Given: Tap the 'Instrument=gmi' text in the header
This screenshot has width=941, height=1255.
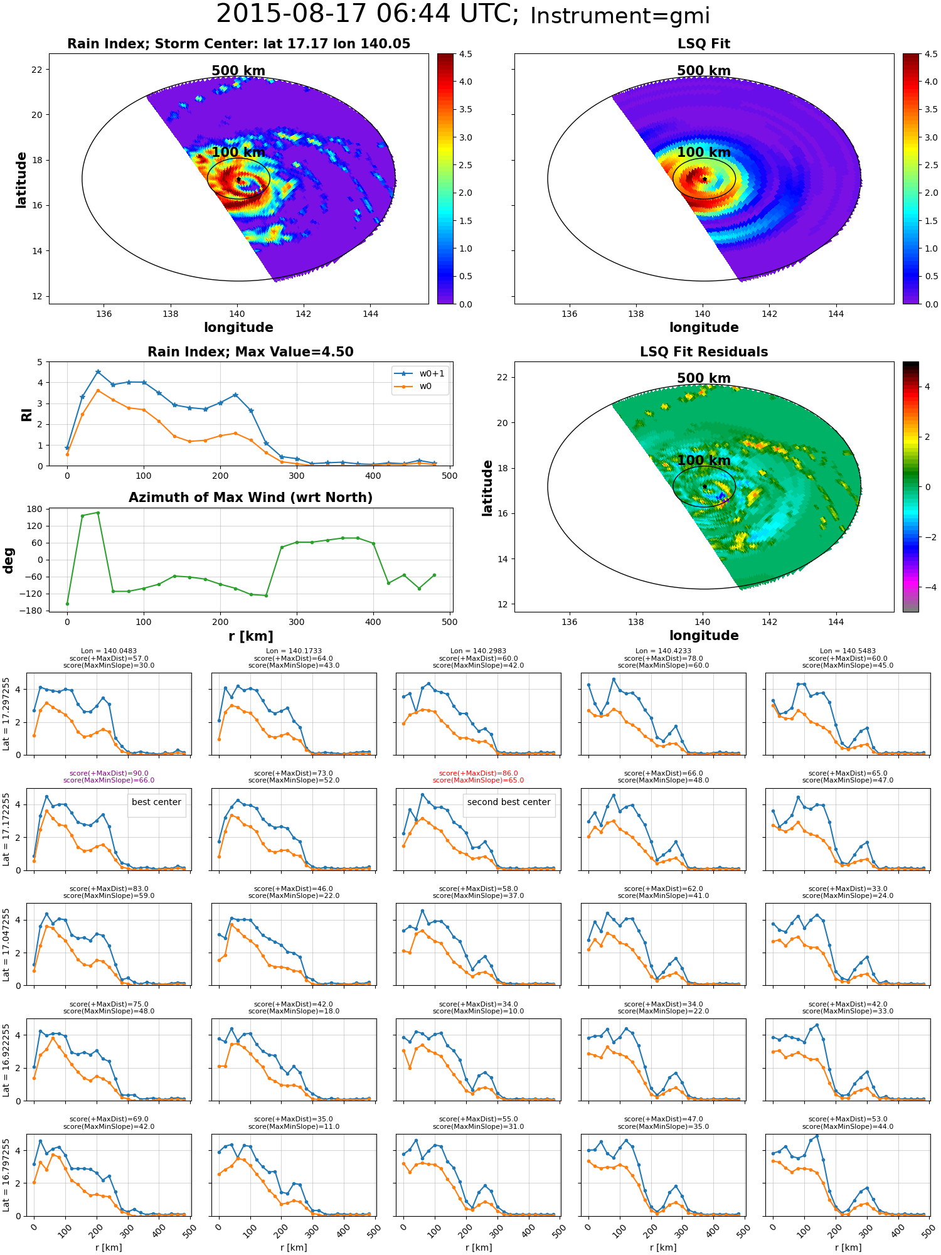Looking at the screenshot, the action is (620, 16).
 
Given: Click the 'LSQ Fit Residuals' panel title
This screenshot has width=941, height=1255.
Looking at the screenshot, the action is (704, 352).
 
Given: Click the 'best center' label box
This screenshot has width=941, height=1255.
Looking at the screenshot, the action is (156, 802).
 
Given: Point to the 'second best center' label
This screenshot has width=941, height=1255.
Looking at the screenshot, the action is (509, 802).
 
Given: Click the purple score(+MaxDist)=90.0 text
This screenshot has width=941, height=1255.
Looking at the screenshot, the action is (109, 774).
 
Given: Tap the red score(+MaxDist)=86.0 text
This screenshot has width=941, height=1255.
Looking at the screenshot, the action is (479, 774).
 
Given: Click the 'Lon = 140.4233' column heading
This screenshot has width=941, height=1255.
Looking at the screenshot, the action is (663, 651).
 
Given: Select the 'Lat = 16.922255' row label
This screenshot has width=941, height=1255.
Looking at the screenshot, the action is (6, 1060).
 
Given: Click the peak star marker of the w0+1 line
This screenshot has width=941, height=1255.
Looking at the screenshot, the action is (98, 371).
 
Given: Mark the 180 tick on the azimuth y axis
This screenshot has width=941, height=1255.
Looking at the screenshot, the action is (36, 509).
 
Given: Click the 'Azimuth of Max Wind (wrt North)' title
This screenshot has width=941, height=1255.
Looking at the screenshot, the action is (250, 498).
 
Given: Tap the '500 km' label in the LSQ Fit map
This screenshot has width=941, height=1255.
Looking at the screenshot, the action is (704, 71).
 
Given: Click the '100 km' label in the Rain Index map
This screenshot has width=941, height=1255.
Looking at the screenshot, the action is (238, 152).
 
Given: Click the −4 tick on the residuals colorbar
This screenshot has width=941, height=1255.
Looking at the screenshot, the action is (927, 587).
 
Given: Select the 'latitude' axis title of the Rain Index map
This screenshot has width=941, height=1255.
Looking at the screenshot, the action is (21, 179).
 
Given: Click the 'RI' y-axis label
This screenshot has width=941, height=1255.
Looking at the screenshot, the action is (26, 414).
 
